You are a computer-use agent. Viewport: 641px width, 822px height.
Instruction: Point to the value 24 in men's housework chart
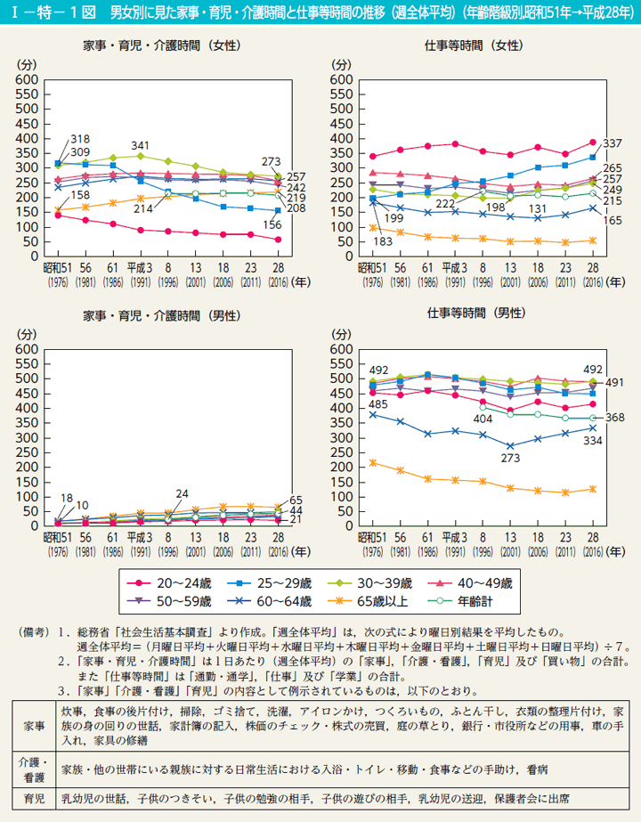pos(183,493)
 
